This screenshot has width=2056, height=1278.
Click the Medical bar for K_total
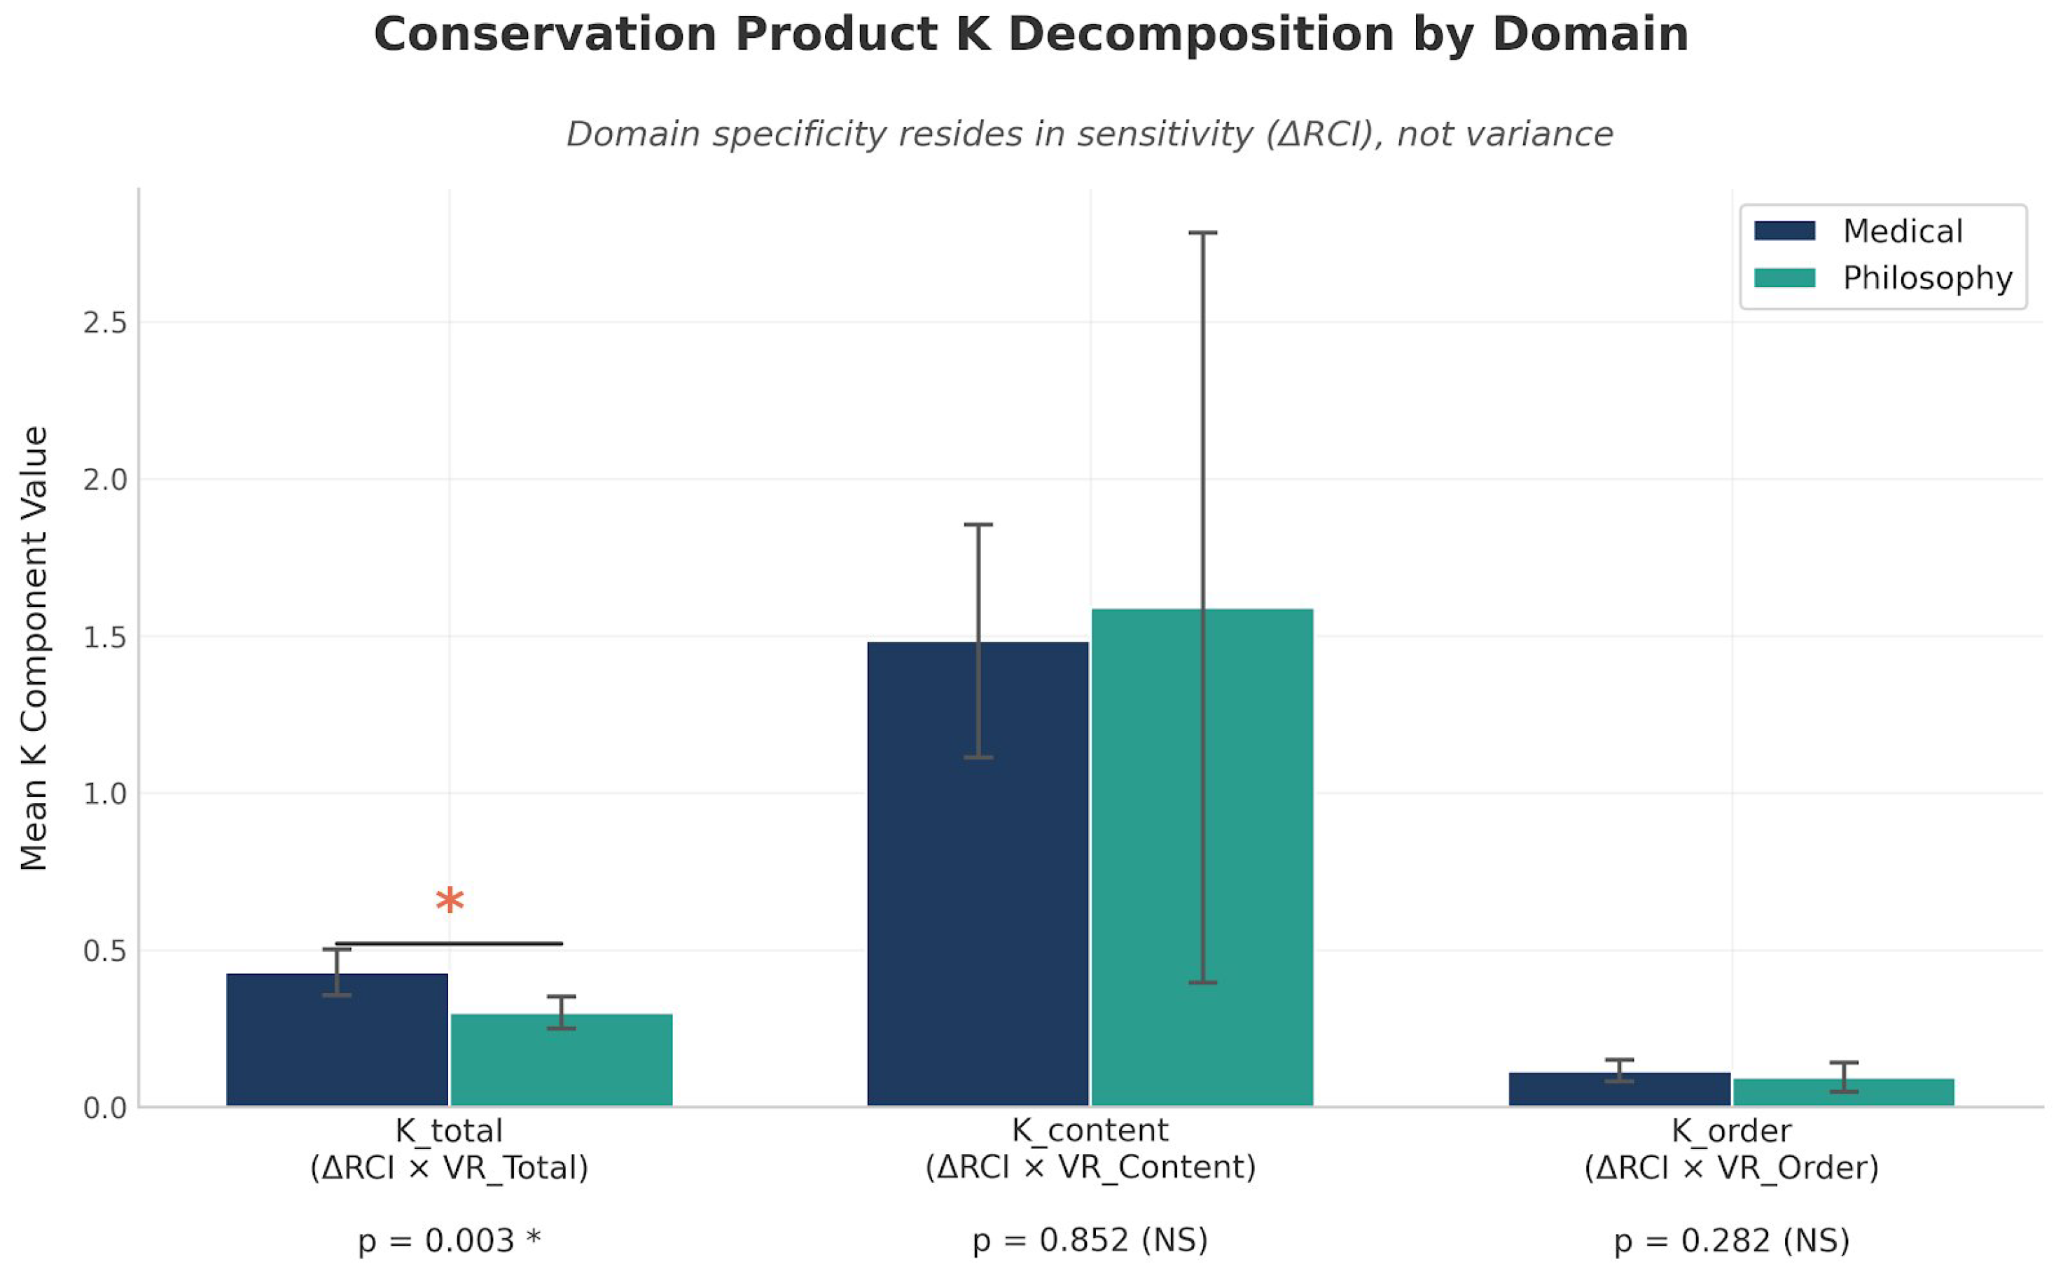[337, 1040]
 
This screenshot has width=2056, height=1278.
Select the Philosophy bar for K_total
[562, 1060]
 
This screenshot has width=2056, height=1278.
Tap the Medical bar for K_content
[978, 874]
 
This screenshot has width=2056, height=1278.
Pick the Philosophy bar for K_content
[1202, 857]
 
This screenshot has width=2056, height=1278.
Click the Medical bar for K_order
[1620, 1089]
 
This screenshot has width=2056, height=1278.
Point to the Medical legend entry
[1859, 231]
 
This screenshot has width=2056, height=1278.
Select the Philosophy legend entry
[1884, 278]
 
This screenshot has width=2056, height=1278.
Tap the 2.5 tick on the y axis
[105, 323]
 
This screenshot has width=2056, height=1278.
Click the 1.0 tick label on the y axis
[105, 793]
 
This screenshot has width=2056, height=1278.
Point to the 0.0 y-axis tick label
[105, 1108]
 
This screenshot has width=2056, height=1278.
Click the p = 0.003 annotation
[450, 1241]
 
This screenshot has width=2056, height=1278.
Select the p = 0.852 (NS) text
[1090, 1241]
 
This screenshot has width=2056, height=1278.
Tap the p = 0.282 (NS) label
[1732, 1241]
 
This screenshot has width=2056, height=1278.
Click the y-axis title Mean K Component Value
[34, 648]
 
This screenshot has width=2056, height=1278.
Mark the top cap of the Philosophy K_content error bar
[1202, 232]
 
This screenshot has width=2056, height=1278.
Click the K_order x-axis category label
[1732, 1148]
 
